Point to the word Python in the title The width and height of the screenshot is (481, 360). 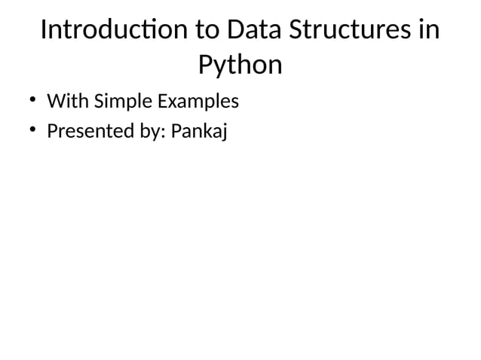coord(240,66)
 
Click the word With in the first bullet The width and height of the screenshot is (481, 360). coord(66,100)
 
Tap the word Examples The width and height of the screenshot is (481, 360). coord(197,101)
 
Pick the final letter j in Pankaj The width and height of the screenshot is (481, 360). coord(223,133)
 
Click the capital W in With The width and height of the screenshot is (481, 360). coord(55,100)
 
